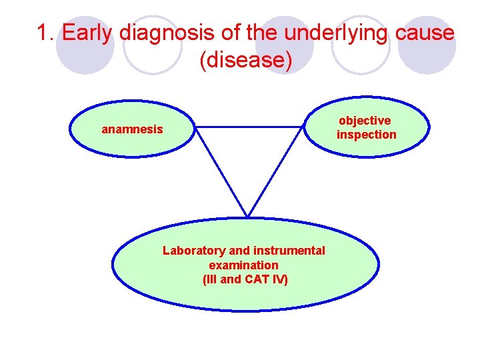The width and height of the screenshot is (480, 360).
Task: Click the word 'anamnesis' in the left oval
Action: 132,129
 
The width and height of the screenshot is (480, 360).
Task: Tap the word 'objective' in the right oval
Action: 365,121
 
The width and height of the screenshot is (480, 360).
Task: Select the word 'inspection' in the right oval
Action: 366,135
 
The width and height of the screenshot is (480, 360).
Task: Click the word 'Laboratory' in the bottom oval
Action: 194,251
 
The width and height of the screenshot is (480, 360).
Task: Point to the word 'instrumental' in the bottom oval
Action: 288,251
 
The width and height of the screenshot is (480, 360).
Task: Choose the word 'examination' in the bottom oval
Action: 243,265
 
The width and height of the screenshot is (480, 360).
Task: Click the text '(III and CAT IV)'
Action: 245,279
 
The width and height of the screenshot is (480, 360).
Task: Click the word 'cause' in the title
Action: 423,33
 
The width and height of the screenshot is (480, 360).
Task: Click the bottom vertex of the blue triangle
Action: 247,215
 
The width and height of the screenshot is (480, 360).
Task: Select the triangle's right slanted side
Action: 275,171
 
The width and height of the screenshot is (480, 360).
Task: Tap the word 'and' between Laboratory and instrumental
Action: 238,251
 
